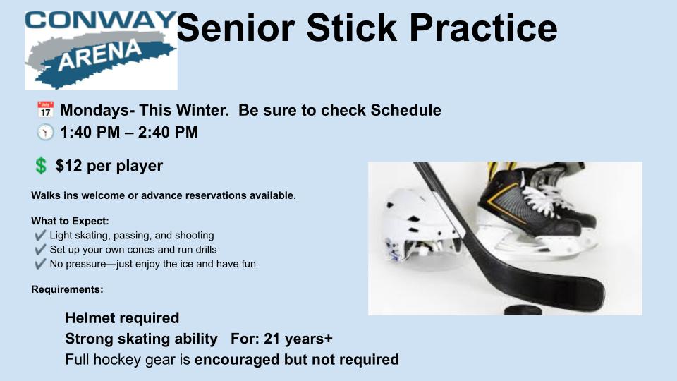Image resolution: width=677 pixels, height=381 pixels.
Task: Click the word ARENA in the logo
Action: (99, 55)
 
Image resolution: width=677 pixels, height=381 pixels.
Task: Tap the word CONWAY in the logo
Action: (101, 20)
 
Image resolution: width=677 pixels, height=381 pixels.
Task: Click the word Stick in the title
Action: (351, 28)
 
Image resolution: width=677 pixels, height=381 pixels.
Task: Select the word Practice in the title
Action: (483, 28)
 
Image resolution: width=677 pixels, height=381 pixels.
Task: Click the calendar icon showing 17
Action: (45, 110)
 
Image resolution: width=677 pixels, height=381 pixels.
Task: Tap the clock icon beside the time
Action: (45, 132)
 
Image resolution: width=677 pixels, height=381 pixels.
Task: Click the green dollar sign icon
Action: (41, 165)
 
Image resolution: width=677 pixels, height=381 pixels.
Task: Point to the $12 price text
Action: (68, 166)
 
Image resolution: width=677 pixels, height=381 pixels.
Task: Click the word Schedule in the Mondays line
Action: (406, 110)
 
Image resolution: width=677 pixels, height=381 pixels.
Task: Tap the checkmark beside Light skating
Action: (40, 235)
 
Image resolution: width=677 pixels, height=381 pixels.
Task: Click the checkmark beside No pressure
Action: (40, 263)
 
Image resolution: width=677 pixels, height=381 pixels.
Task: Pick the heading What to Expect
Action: (70, 221)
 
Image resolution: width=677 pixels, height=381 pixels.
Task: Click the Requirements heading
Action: (68, 289)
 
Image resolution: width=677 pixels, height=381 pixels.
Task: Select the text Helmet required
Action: (122, 318)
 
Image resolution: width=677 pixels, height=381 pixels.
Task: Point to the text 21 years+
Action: (298, 339)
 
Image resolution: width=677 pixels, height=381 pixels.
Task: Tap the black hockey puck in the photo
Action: (523, 310)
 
